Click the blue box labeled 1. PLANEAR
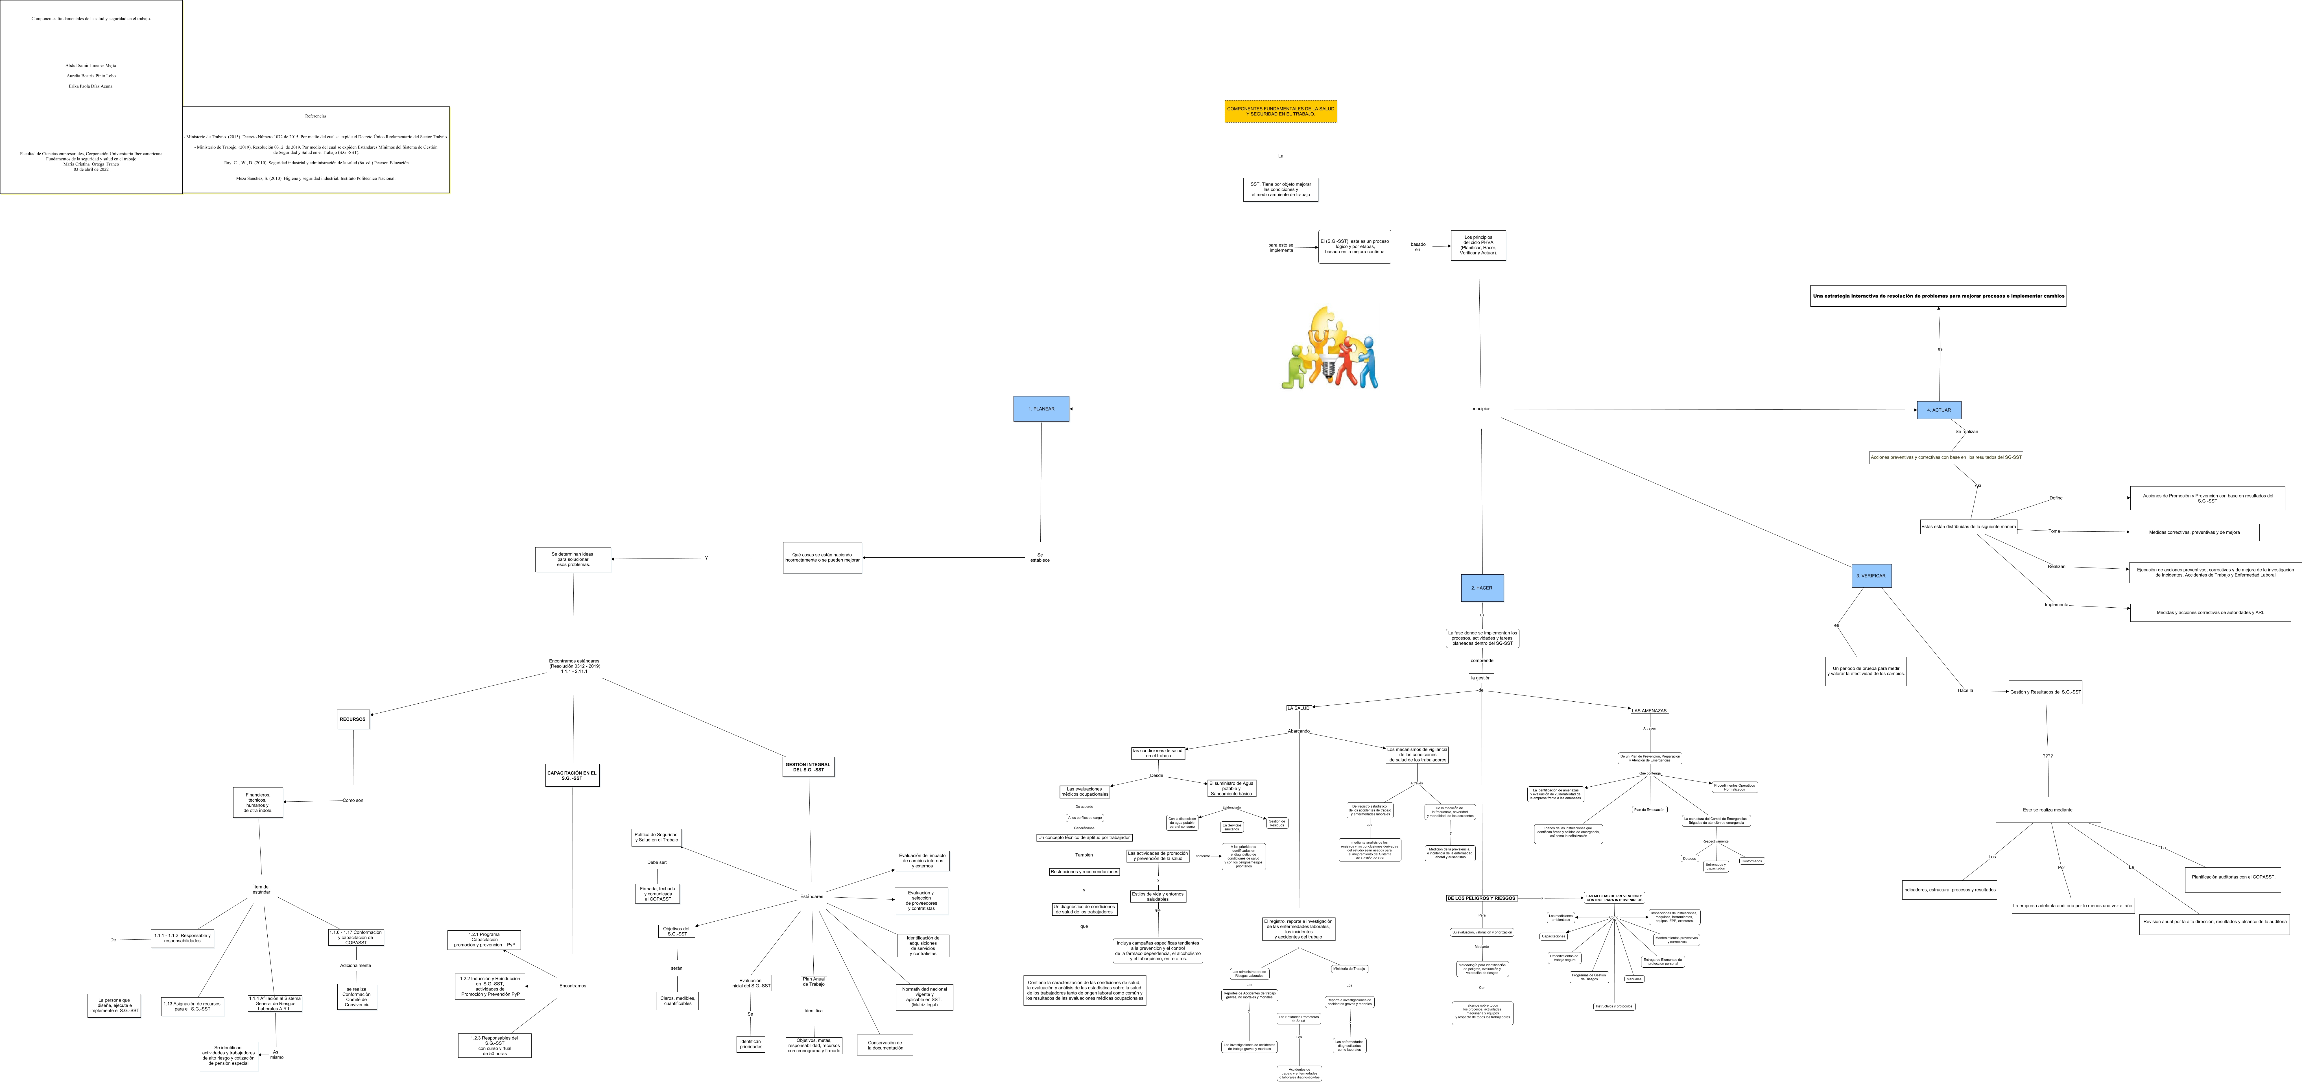tap(1041, 409)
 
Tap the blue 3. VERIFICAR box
tap(1871, 576)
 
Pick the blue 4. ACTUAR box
tap(1939, 409)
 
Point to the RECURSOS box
tap(353, 719)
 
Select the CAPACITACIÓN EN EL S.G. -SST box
tap(573, 775)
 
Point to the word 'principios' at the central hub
tap(1480, 409)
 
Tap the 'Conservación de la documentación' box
tap(885, 1044)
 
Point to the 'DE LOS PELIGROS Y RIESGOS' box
tap(1481, 898)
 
